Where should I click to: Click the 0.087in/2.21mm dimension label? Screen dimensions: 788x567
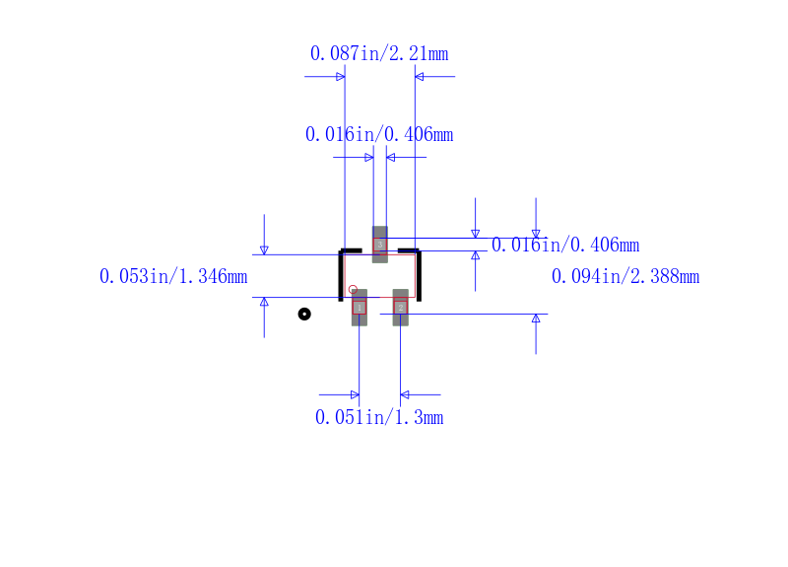pyautogui.click(x=379, y=53)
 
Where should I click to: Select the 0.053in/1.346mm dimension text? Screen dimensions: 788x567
pyautogui.click(x=173, y=276)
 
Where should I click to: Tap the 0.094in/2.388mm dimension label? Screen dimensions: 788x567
pyautogui.click(x=625, y=276)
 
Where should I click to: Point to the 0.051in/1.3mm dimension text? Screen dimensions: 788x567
pyautogui.click(x=379, y=417)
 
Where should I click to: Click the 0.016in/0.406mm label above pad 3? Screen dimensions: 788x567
pyautogui.click(x=379, y=134)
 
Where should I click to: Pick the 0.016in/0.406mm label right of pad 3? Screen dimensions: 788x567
pyautogui.click(x=565, y=245)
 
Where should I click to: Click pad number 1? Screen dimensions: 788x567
pyautogui.click(x=360, y=308)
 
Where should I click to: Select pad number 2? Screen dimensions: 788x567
pyautogui.click(x=401, y=308)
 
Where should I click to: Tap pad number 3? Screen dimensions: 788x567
pyautogui.click(x=380, y=245)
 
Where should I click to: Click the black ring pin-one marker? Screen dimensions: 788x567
pyautogui.click(x=304, y=314)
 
